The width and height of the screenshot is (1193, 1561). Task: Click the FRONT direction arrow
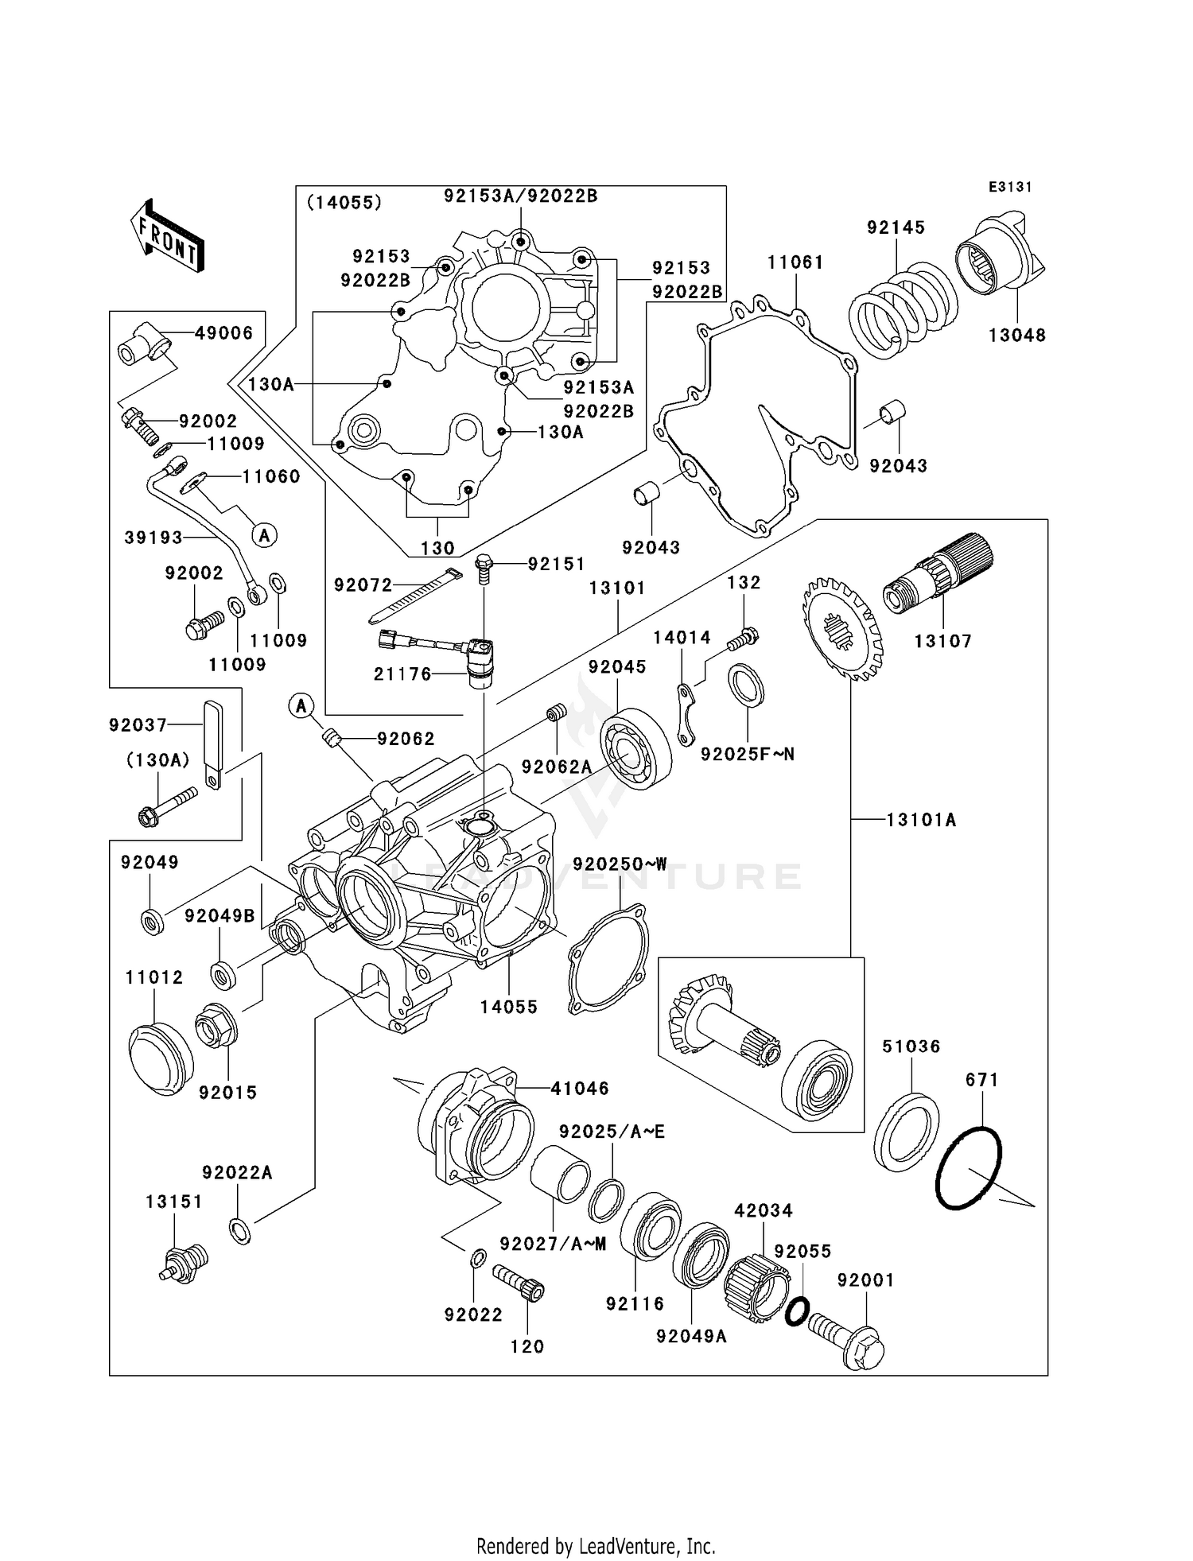(x=168, y=236)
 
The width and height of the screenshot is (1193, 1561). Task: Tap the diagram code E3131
(x=1010, y=187)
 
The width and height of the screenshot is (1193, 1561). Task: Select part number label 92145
(x=896, y=227)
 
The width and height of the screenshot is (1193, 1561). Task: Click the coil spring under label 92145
(x=898, y=311)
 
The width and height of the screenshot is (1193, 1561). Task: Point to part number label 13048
(x=1016, y=336)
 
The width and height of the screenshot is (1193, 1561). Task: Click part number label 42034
(x=763, y=1210)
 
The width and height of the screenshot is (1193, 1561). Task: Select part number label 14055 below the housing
(x=509, y=1007)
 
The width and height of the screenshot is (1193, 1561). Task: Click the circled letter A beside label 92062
(x=301, y=705)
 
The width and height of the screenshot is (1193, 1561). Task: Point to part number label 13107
(x=942, y=641)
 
